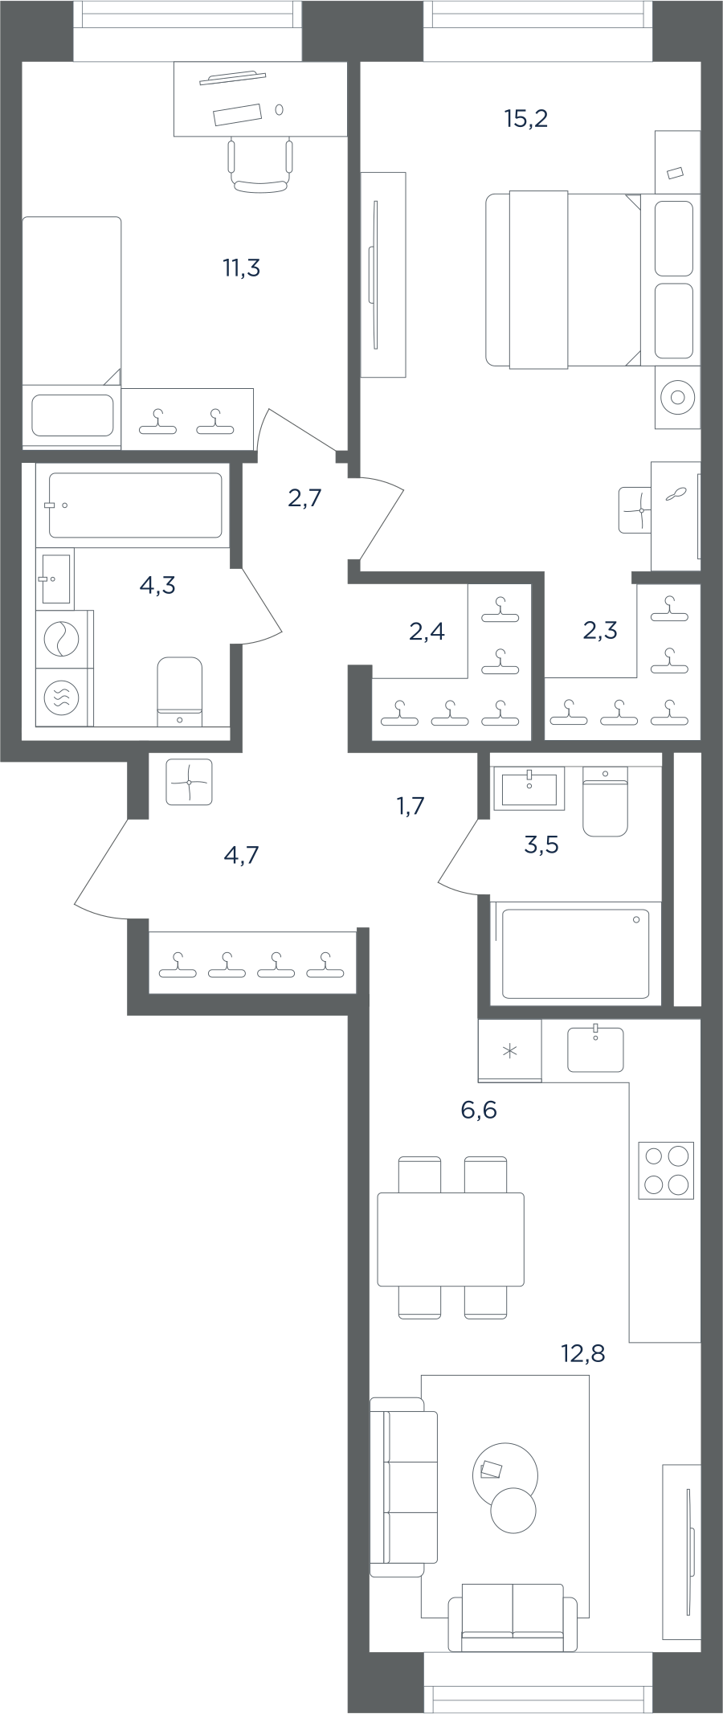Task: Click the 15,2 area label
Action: (x=526, y=119)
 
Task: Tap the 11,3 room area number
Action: (x=241, y=268)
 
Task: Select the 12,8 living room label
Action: (x=582, y=1354)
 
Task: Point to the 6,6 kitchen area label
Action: (x=479, y=1111)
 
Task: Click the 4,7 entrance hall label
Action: (x=241, y=855)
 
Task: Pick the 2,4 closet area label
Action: (x=427, y=632)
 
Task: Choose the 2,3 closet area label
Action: (x=600, y=630)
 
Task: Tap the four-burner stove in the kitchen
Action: (x=666, y=1171)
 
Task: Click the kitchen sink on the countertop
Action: (x=595, y=1049)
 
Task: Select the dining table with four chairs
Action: (x=451, y=1237)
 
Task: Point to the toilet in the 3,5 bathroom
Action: (x=605, y=802)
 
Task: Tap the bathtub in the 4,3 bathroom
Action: (x=135, y=505)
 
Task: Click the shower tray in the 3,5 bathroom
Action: (x=575, y=953)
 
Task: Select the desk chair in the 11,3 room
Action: (x=259, y=166)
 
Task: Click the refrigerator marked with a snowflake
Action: (x=510, y=1050)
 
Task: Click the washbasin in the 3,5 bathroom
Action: (x=529, y=787)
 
